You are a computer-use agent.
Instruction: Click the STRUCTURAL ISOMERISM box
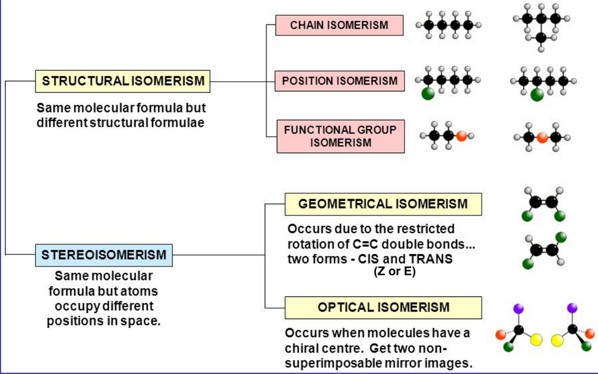pyautogui.click(x=123, y=81)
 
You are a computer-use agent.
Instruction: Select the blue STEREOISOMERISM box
pyautogui.click(x=104, y=254)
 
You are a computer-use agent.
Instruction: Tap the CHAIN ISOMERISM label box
pyautogui.click(x=339, y=25)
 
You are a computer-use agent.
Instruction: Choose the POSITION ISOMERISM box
pyautogui.click(x=339, y=81)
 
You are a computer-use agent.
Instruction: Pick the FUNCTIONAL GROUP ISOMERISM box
pyautogui.click(x=340, y=136)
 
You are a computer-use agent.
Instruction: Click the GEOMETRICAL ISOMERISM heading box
pyautogui.click(x=382, y=204)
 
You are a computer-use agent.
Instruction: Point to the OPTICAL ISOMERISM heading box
pyautogui.click(x=383, y=307)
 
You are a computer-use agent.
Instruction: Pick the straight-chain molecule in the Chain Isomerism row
pyautogui.click(x=448, y=25)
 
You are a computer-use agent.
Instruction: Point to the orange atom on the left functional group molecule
pyautogui.click(x=461, y=136)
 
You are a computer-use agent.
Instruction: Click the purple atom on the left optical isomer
pyautogui.click(x=520, y=309)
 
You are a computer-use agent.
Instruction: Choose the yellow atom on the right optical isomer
pyautogui.click(x=558, y=339)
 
